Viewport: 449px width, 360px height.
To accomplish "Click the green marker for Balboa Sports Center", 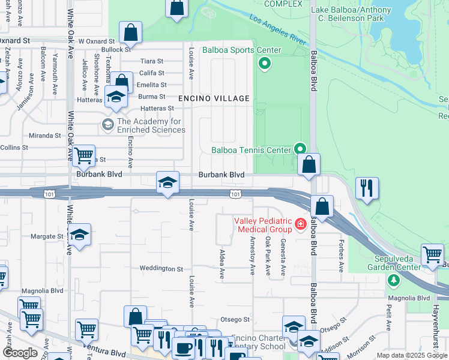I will (x=263, y=63).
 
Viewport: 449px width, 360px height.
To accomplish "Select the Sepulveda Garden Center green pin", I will (x=393, y=280).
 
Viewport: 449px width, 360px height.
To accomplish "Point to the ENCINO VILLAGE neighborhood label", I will (x=213, y=98).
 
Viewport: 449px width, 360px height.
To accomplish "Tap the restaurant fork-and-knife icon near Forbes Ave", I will (x=366, y=188).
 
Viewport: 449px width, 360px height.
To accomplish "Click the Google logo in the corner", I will (x=20, y=353).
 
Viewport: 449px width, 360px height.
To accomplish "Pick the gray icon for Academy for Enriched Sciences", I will (x=108, y=125).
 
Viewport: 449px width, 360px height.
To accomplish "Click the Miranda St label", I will (x=44, y=136).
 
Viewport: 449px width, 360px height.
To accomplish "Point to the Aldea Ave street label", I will (x=221, y=264).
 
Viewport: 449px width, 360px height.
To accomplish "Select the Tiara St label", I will (x=151, y=61).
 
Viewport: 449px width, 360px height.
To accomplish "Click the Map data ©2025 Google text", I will (x=412, y=355).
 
